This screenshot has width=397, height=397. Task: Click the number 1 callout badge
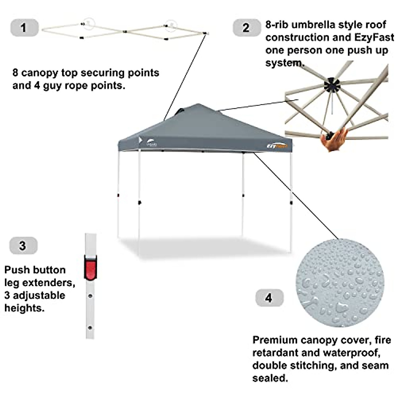point(24,28)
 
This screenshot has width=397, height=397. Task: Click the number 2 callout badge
point(246,28)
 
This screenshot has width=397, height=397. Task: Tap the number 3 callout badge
point(23,246)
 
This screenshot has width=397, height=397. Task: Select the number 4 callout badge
point(269,298)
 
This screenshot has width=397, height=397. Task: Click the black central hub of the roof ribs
point(332,85)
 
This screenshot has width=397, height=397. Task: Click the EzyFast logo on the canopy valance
point(277,146)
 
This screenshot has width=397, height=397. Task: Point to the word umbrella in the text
point(316,25)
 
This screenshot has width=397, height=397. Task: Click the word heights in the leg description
point(24,308)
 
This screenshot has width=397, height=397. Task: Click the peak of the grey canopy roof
point(198,105)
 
